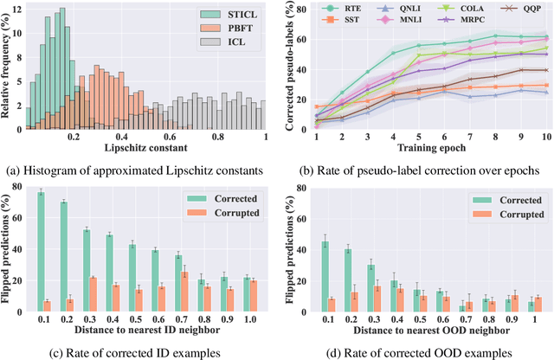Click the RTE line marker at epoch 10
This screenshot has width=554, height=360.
[546, 37]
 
